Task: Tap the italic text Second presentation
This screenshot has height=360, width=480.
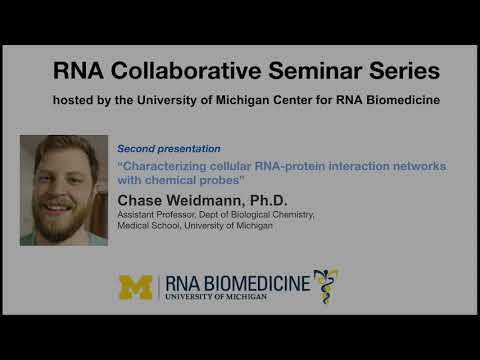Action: (168, 147)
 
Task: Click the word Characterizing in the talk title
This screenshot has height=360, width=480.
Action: (161, 165)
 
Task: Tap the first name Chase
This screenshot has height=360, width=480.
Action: (144, 198)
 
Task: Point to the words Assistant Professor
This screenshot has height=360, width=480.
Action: (161, 215)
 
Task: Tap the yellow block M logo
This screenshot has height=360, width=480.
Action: (136, 286)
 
